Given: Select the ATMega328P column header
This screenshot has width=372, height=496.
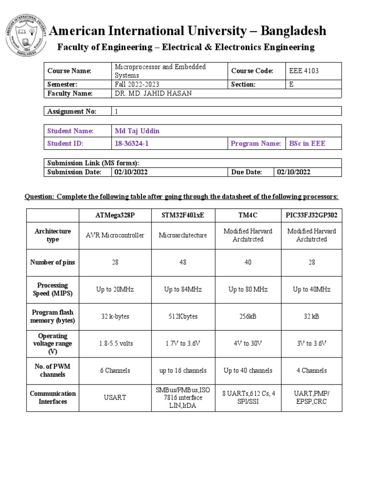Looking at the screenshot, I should [x=115, y=215].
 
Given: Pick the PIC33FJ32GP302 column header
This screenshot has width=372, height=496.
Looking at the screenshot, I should [x=311, y=215].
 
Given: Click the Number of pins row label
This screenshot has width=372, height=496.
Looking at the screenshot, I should [x=53, y=262].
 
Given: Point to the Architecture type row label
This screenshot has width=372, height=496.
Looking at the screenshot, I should [x=53, y=235].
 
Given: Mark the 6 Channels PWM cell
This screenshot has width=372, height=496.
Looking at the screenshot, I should [x=115, y=371].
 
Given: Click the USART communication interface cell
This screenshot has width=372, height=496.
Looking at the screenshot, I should [x=115, y=398].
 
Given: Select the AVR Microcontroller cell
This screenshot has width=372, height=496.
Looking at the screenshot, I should [x=115, y=235].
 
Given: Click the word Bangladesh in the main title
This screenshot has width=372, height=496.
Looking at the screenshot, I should [x=294, y=31].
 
